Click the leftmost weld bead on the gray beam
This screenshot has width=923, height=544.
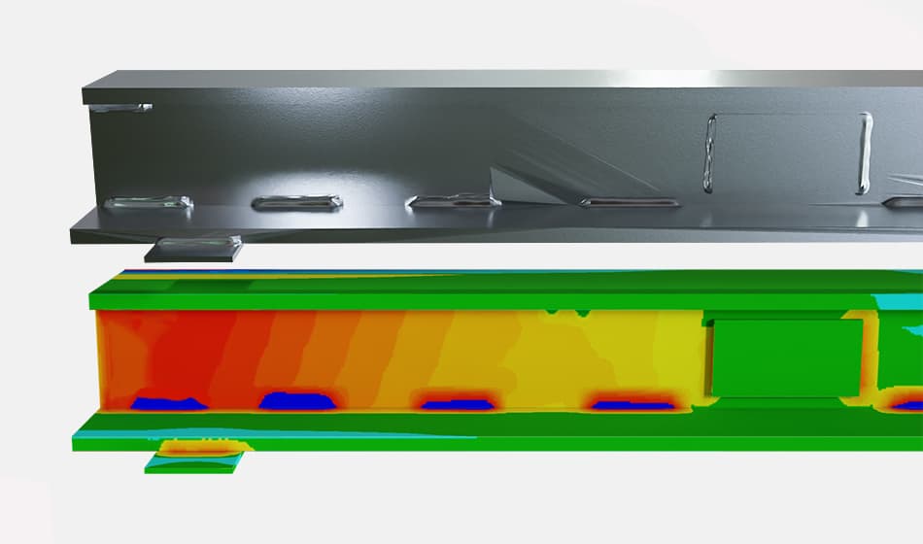coord(148,203)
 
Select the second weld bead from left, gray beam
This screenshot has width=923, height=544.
coord(296,203)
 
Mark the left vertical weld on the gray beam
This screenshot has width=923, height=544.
coord(710,151)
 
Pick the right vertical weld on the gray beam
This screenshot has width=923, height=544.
coord(864,153)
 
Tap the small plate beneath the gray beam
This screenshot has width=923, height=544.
coord(194,249)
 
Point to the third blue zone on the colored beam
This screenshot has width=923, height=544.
coord(455,403)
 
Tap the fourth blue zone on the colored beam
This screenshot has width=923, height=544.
coord(632,404)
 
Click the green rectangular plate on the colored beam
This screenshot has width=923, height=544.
coord(787,357)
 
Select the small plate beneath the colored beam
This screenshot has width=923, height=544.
coord(194,458)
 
